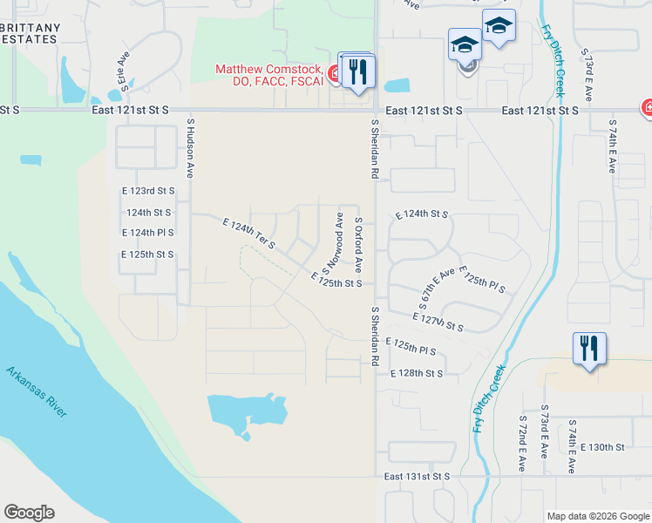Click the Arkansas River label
pos(37,392)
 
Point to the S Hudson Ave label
pos(189,149)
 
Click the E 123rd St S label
pos(148,190)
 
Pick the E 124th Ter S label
pos(248,234)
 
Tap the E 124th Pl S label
pos(147,233)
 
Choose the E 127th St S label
pos(438,320)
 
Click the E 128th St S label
pos(416,373)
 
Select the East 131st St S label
pos(418,477)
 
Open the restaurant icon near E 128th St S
pos(588,350)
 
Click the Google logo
pos(29,513)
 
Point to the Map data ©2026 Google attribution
pos(597,516)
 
